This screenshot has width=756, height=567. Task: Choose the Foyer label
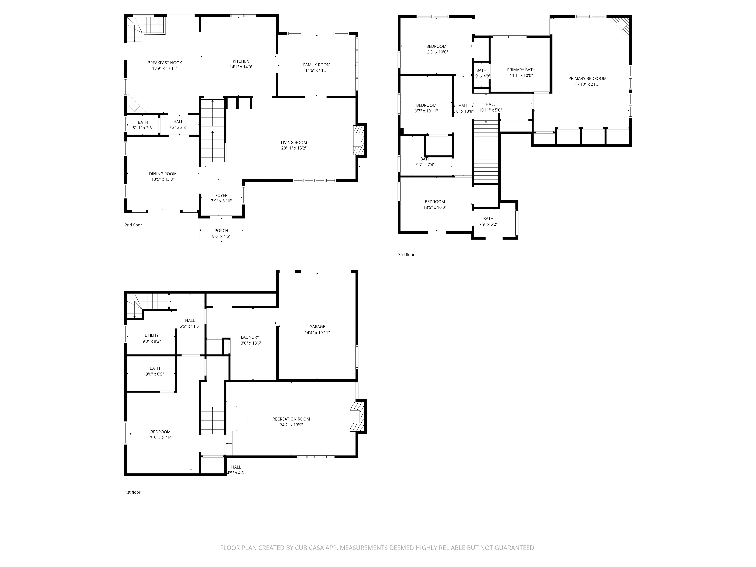(x=221, y=195)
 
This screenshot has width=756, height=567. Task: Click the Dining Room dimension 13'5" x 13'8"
(x=163, y=179)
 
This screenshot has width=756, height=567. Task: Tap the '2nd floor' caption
(x=133, y=225)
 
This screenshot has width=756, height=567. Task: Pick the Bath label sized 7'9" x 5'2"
(x=488, y=219)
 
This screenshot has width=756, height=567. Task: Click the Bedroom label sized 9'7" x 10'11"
(x=426, y=105)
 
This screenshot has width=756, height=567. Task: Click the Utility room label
(x=151, y=335)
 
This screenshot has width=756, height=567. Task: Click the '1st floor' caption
(x=133, y=492)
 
